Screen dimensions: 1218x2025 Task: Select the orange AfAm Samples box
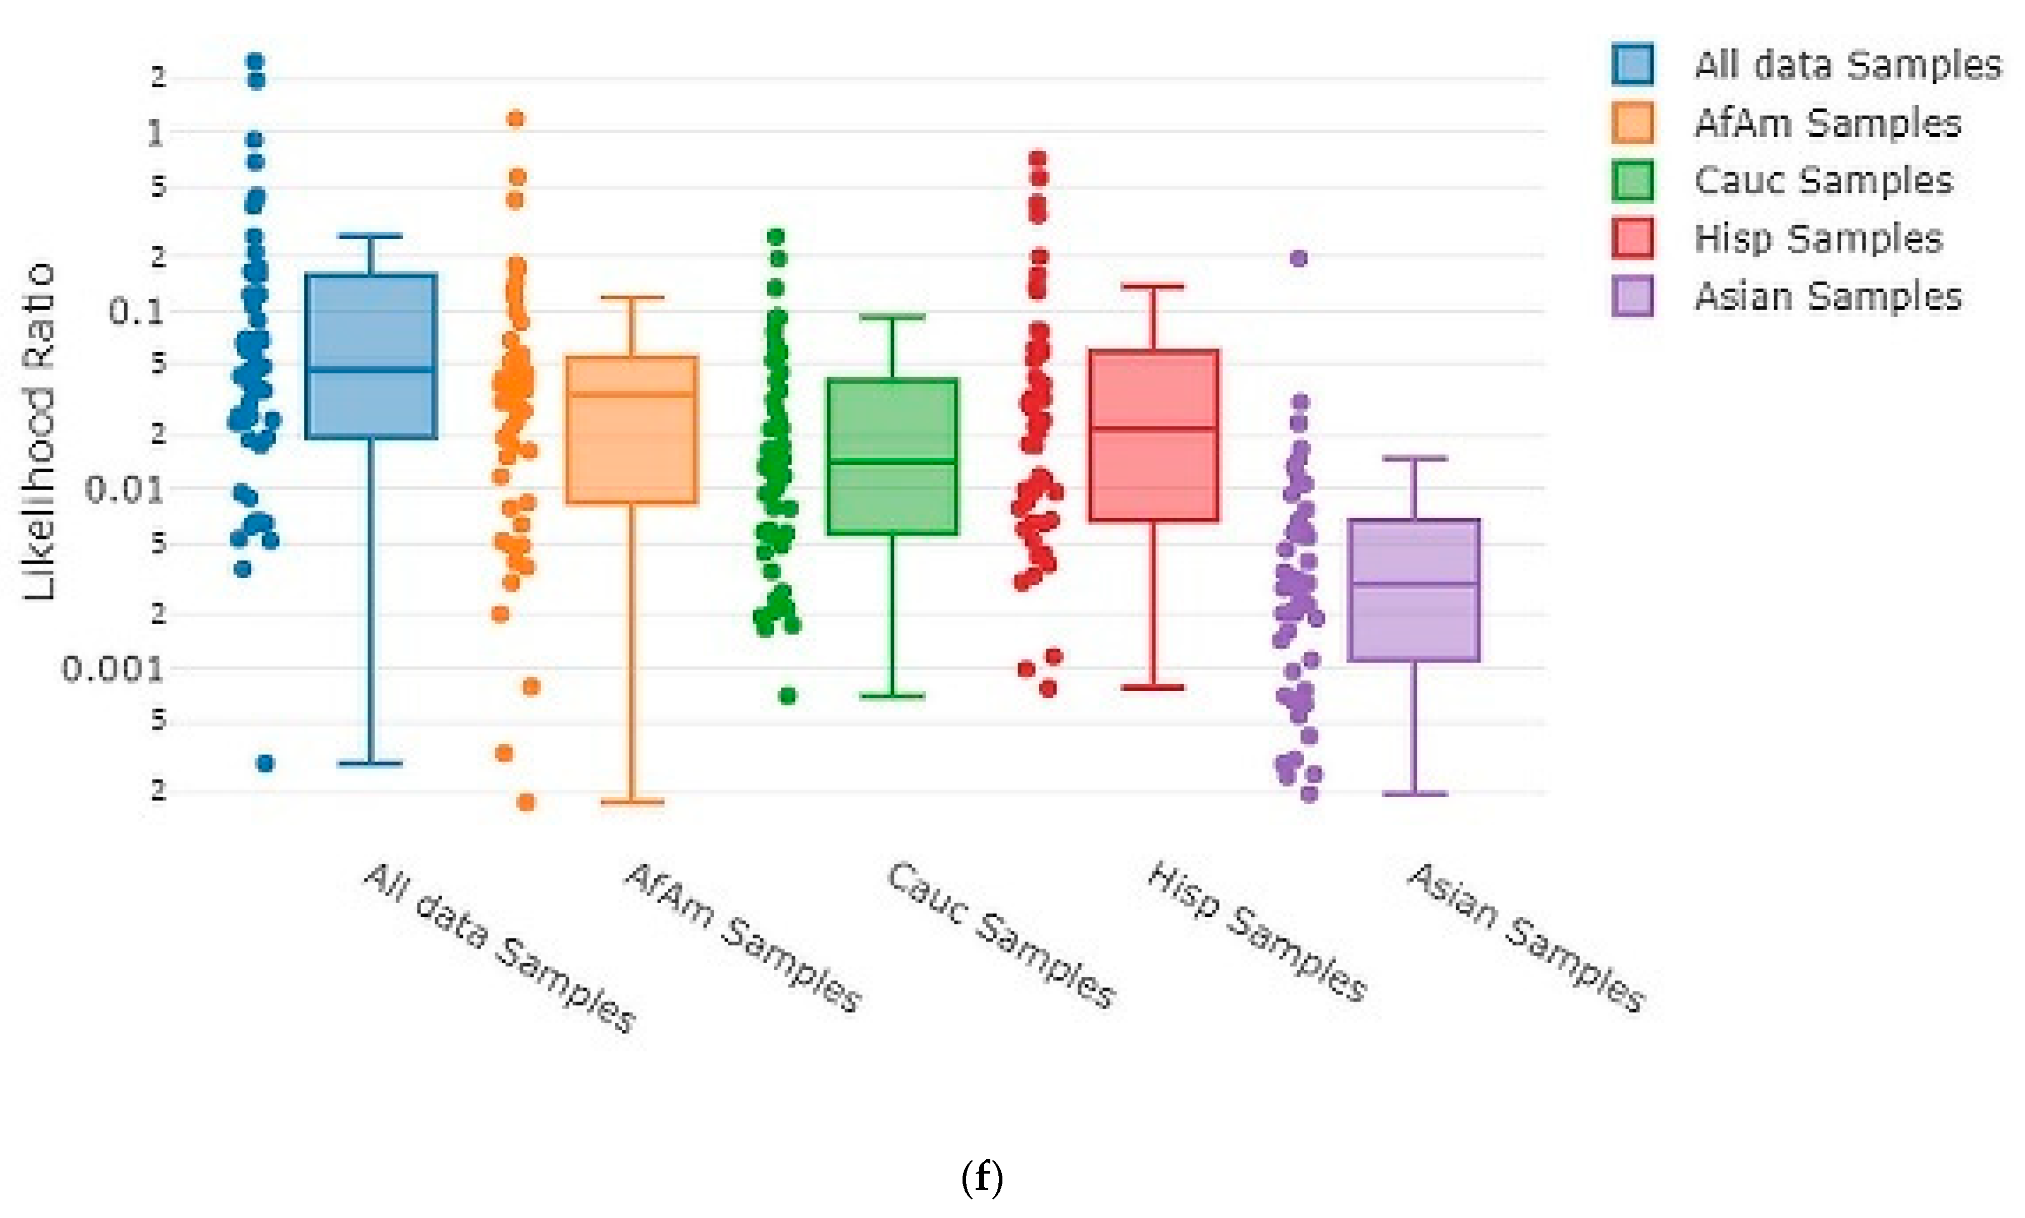click(x=631, y=429)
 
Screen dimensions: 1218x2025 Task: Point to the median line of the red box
click(x=1153, y=428)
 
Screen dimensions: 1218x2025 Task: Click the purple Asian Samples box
click(x=1413, y=589)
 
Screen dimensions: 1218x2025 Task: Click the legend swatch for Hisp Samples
click(x=1632, y=238)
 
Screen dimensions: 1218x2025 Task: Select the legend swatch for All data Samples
click(x=1632, y=64)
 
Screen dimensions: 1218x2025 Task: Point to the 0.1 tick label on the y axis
click(x=135, y=312)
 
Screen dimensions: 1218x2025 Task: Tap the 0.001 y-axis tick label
click(x=113, y=670)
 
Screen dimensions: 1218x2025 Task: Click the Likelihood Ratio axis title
click(x=38, y=431)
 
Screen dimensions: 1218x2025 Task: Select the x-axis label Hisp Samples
click(x=1256, y=931)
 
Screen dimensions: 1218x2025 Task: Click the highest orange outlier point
click(x=515, y=119)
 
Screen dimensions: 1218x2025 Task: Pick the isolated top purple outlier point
click(x=1298, y=258)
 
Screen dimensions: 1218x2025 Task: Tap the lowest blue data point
click(x=265, y=763)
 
